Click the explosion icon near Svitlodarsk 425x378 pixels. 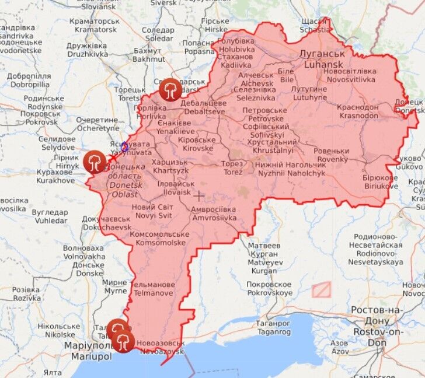coord(170,89)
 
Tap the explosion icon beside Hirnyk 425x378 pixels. coord(95,162)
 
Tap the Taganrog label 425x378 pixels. coord(274,327)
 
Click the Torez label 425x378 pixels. coord(232,168)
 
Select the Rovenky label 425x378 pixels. coord(331,155)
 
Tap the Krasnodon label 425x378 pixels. coord(357,111)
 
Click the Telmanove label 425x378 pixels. coord(153,289)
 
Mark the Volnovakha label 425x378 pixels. coord(84,253)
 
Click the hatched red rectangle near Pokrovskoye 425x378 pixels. coord(321,289)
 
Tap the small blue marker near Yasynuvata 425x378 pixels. coord(124,146)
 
